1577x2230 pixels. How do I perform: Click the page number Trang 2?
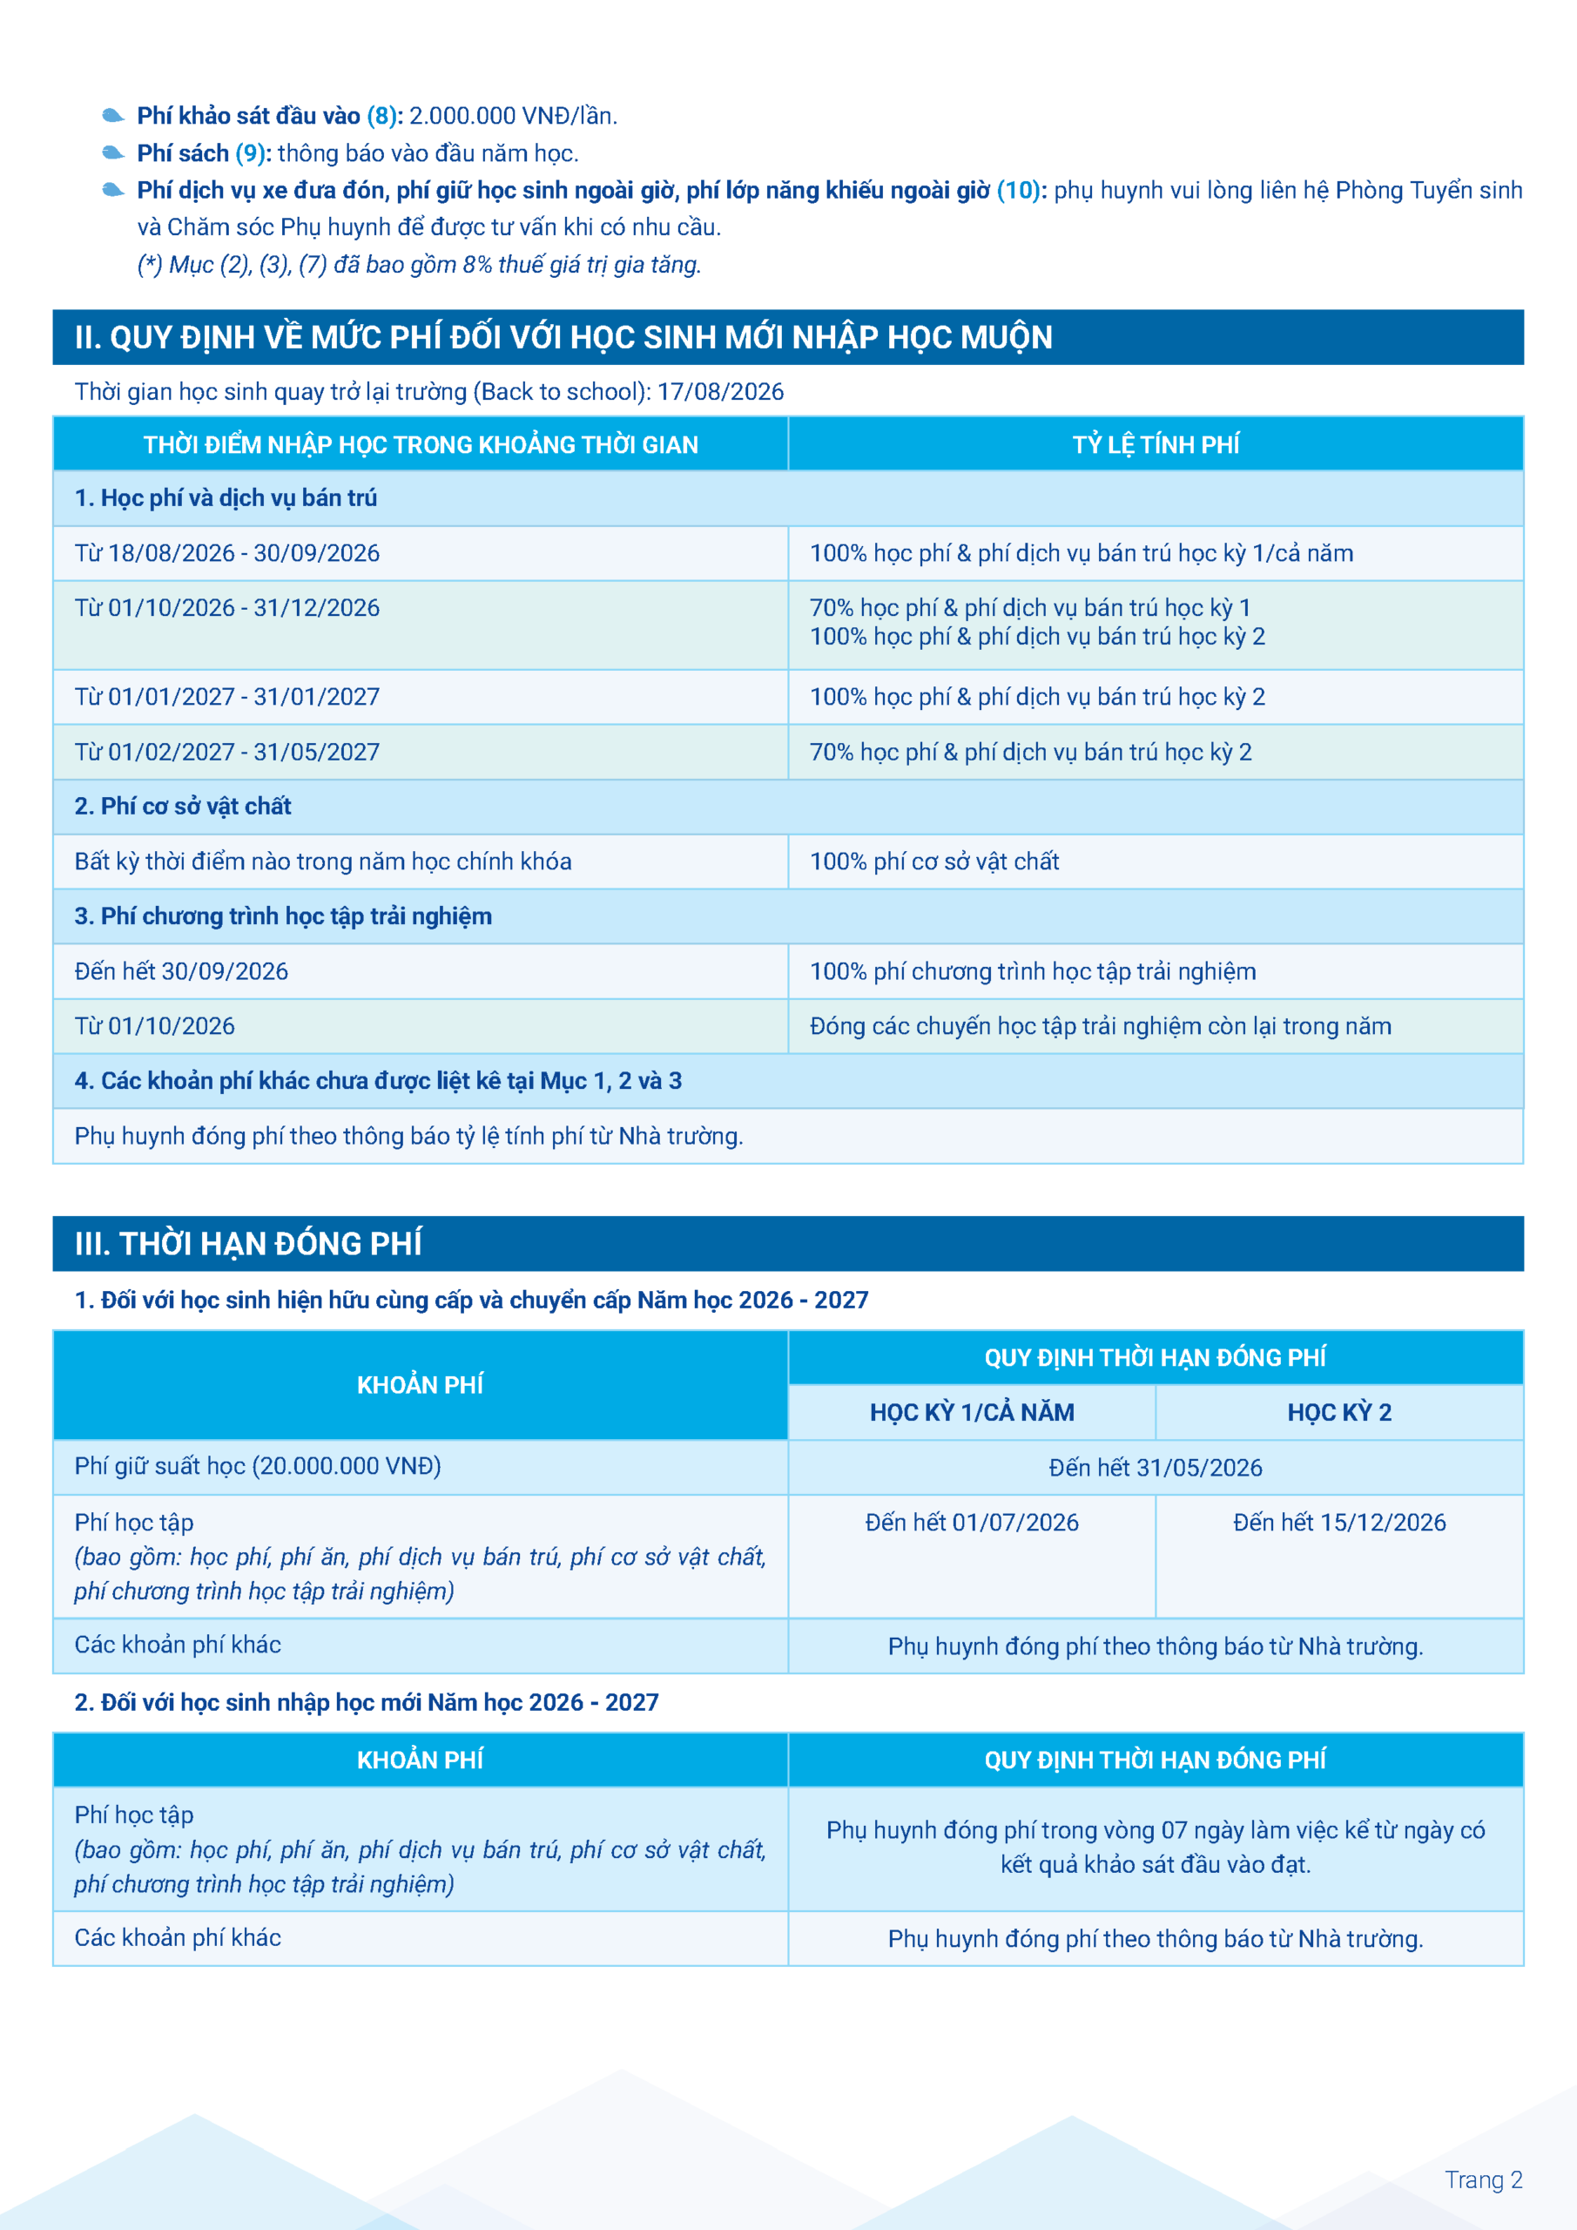coord(1483,2180)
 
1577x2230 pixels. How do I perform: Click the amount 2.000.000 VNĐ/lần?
coord(513,117)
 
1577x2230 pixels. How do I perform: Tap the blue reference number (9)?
coord(251,153)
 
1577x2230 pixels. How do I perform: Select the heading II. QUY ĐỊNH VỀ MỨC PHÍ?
coord(563,338)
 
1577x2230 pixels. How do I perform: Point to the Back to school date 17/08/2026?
coord(719,391)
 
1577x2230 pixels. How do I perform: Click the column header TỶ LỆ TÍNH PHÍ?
coord(1155,445)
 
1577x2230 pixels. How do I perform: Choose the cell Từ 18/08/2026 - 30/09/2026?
coord(227,554)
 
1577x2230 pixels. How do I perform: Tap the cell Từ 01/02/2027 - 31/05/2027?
coord(227,753)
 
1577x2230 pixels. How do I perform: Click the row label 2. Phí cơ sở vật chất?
coord(183,806)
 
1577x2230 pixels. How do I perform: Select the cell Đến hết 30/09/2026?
coord(182,971)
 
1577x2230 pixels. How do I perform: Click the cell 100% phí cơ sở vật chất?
coord(934,862)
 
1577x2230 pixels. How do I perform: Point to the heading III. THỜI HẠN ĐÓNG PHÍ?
coord(248,1244)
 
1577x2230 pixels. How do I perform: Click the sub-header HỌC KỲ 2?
coord(1339,1412)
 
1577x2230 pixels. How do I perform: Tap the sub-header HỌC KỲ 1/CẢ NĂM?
coord(972,1412)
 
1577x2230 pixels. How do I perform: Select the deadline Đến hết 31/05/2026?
coord(1155,1468)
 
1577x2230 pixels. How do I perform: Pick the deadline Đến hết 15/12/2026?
coord(1339,1523)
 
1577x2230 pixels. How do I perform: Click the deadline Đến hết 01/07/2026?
coord(972,1523)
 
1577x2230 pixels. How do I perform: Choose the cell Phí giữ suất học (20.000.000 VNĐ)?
coord(258,1467)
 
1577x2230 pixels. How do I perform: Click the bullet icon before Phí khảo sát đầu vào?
coord(112,117)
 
